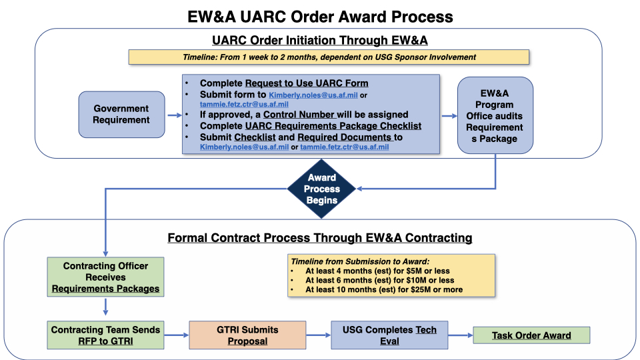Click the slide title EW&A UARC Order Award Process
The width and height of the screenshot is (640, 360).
pyautogui.click(x=320, y=16)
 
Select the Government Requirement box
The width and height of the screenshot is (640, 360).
pyautogui.click(x=121, y=114)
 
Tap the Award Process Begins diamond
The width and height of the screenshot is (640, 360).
pyautogui.click(x=321, y=189)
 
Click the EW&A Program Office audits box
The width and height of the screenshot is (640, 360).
pyautogui.click(x=495, y=115)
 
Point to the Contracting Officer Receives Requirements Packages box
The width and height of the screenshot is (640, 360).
pyautogui.click(x=106, y=277)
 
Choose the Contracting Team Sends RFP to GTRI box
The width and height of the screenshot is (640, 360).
pyautogui.click(x=106, y=335)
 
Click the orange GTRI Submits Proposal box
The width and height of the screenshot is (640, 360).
pyautogui.click(x=247, y=335)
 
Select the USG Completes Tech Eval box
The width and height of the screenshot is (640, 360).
pyautogui.click(x=389, y=335)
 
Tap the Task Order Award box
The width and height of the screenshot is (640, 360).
pyautogui.click(x=531, y=335)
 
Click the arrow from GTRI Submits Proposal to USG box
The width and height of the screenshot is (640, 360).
pyautogui.click(x=319, y=335)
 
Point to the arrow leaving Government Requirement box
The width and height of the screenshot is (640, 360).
pyautogui.click(x=173, y=115)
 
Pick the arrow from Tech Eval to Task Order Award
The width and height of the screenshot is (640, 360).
pyautogui.click(x=460, y=335)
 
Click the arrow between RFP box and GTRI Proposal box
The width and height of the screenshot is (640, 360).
pyautogui.click(x=177, y=335)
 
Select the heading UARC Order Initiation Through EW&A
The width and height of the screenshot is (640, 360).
pyautogui.click(x=320, y=41)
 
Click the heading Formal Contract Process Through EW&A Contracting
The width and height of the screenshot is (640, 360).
pyautogui.click(x=320, y=237)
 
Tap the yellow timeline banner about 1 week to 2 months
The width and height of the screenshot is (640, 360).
pyautogui.click(x=329, y=57)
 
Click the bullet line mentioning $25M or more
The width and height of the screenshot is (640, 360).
pyautogui.click(x=384, y=290)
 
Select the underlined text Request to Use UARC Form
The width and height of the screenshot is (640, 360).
pyautogui.click(x=307, y=83)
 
